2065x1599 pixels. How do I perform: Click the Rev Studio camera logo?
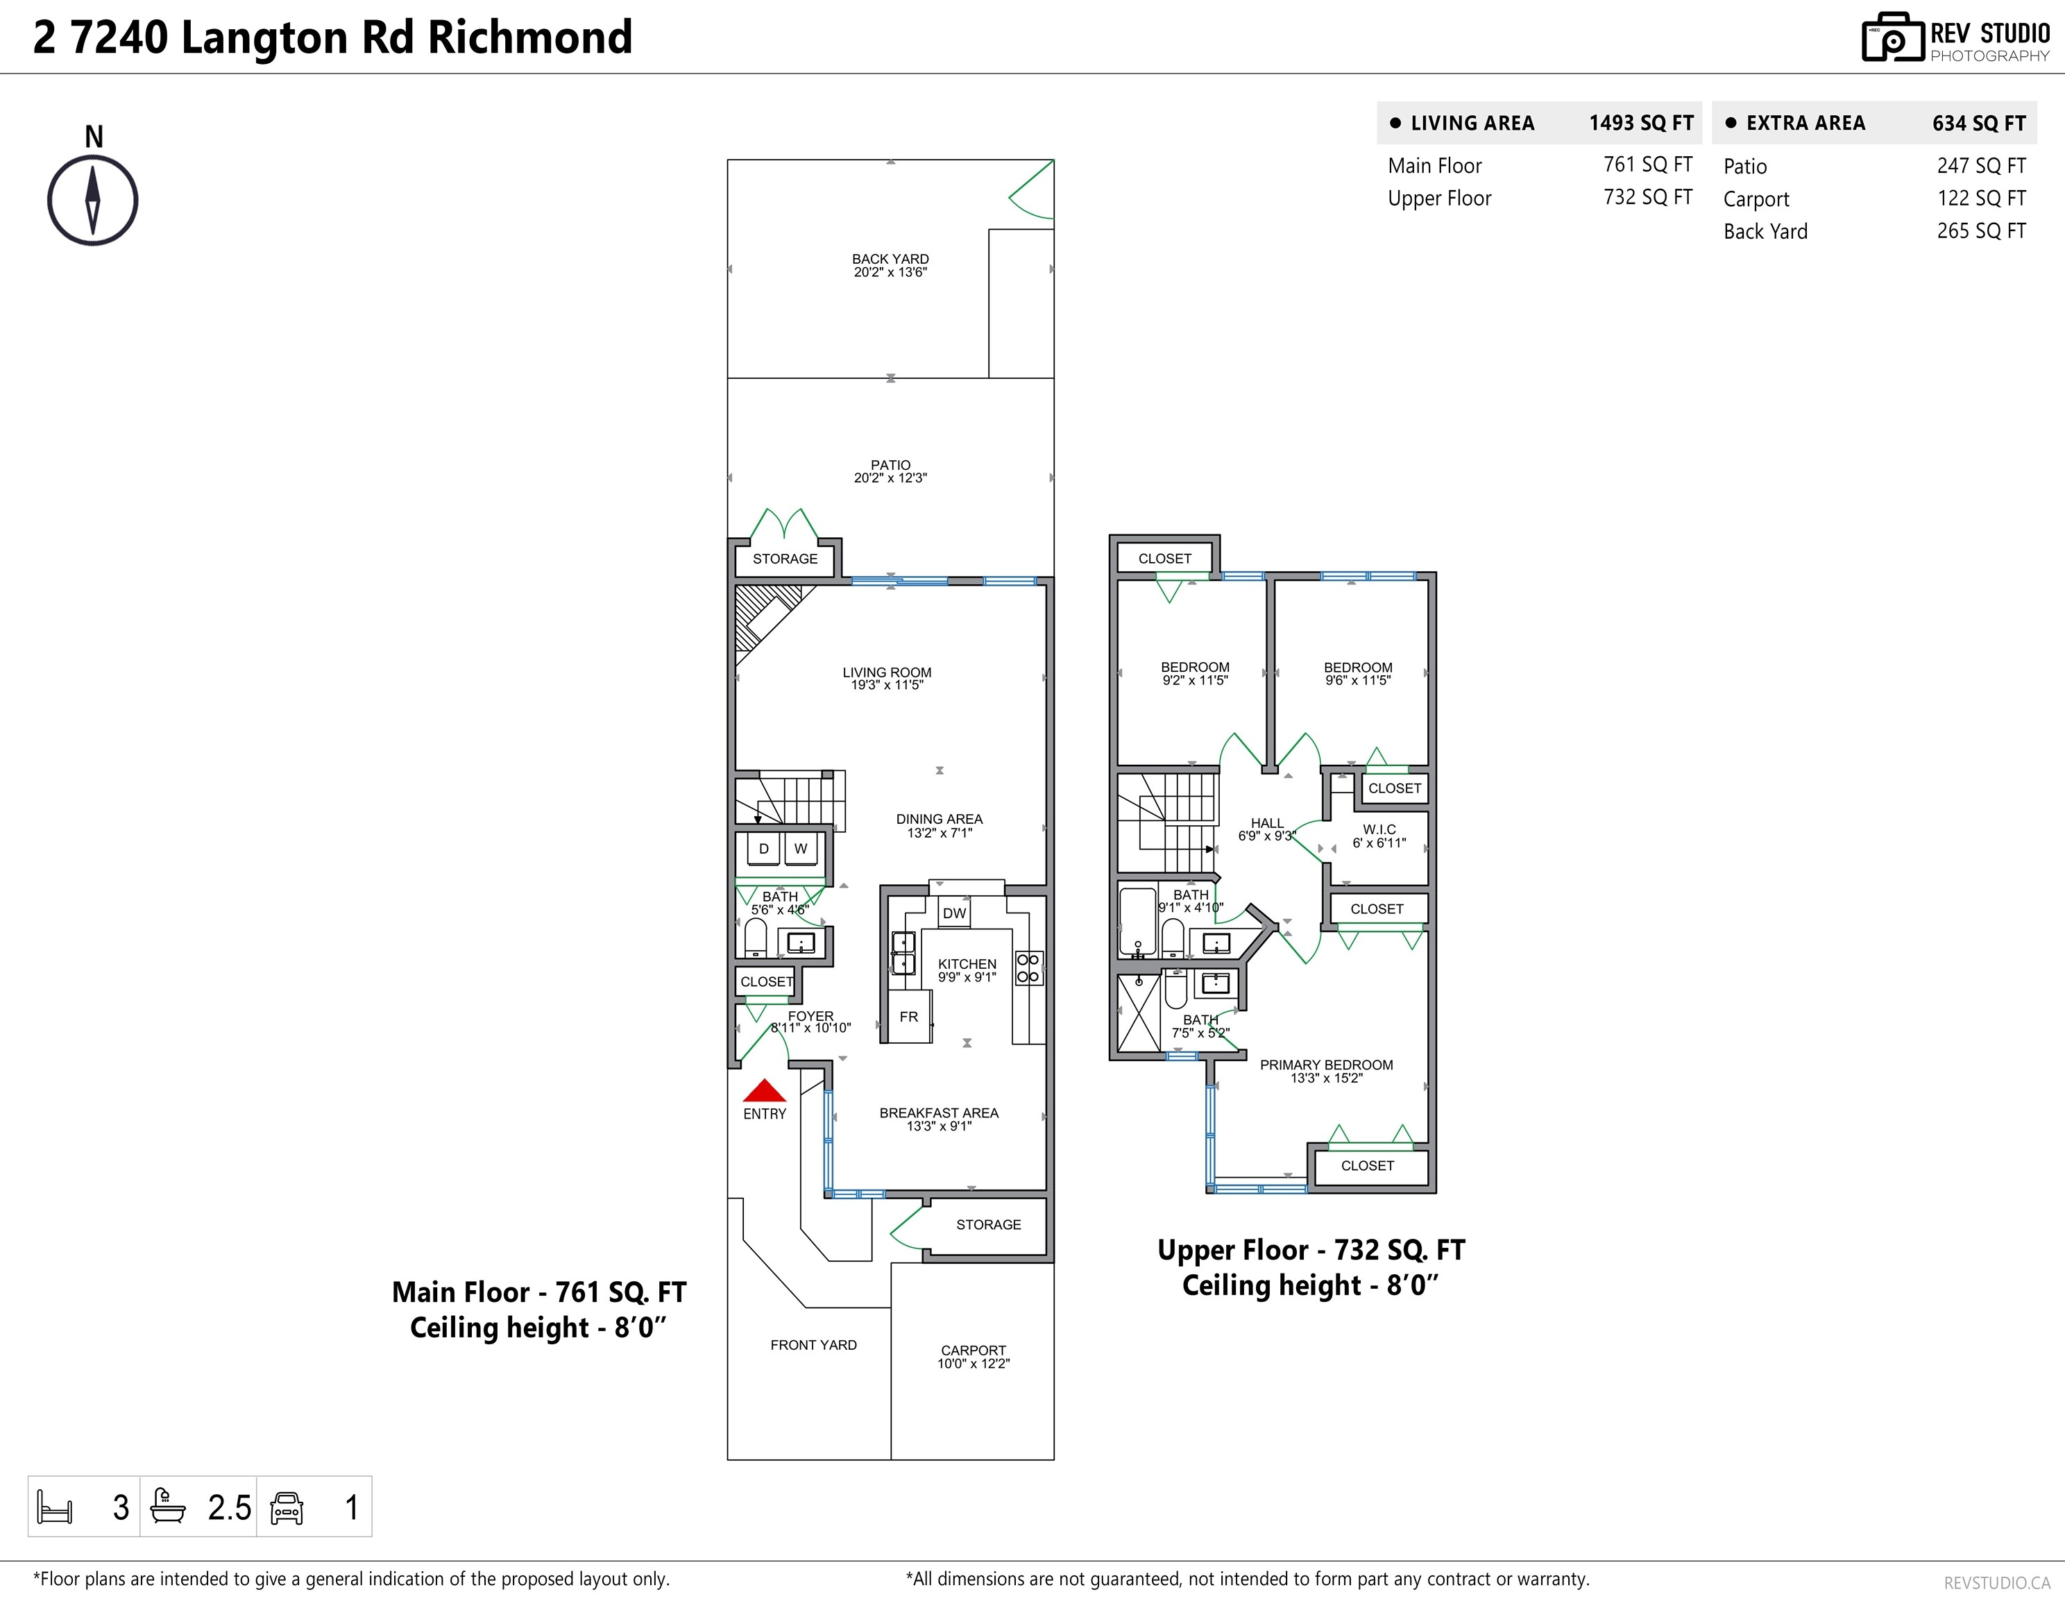pyautogui.click(x=1892, y=38)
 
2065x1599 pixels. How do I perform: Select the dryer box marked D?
pyautogui.click(x=763, y=848)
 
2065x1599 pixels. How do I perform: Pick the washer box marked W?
pyautogui.click(x=801, y=848)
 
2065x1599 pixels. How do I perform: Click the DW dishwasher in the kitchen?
pyautogui.click(x=955, y=913)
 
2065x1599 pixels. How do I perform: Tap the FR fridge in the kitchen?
pyautogui.click(x=908, y=1017)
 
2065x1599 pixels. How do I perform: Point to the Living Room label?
pyautogui.click(x=887, y=678)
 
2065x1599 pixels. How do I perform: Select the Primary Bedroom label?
pyautogui.click(x=1327, y=1070)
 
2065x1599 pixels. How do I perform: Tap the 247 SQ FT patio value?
pyautogui.click(x=1981, y=165)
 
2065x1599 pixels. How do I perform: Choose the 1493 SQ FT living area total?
pyautogui.click(x=1642, y=123)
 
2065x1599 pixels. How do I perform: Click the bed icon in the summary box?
pyautogui.click(x=54, y=1506)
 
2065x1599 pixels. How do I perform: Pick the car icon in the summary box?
pyautogui.click(x=287, y=1507)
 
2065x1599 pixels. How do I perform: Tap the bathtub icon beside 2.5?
pyautogui.click(x=169, y=1506)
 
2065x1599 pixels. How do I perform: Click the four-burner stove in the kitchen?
pyautogui.click(x=1028, y=968)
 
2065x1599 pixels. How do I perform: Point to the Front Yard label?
pyautogui.click(x=813, y=1344)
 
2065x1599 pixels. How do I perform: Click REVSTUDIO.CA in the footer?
pyautogui.click(x=1997, y=1582)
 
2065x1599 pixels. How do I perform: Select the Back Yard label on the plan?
pyautogui.click(x=890, y=265)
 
